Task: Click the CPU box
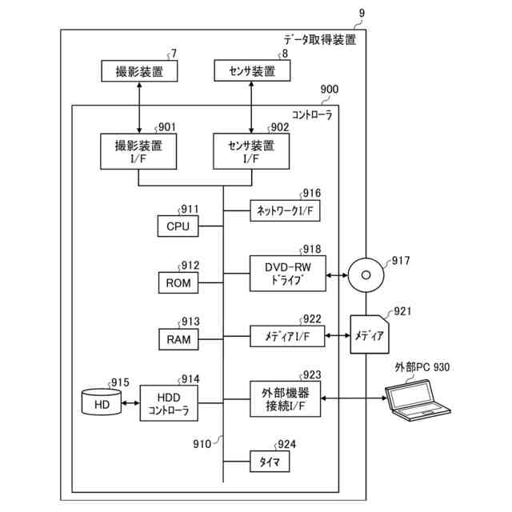177,226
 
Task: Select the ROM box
177,282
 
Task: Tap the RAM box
177,339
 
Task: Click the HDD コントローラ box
169,405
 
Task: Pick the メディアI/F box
287,338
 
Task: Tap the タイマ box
268,462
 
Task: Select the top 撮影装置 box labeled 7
139,72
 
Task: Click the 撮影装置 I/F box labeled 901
139,151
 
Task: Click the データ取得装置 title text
319,39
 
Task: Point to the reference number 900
329,91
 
